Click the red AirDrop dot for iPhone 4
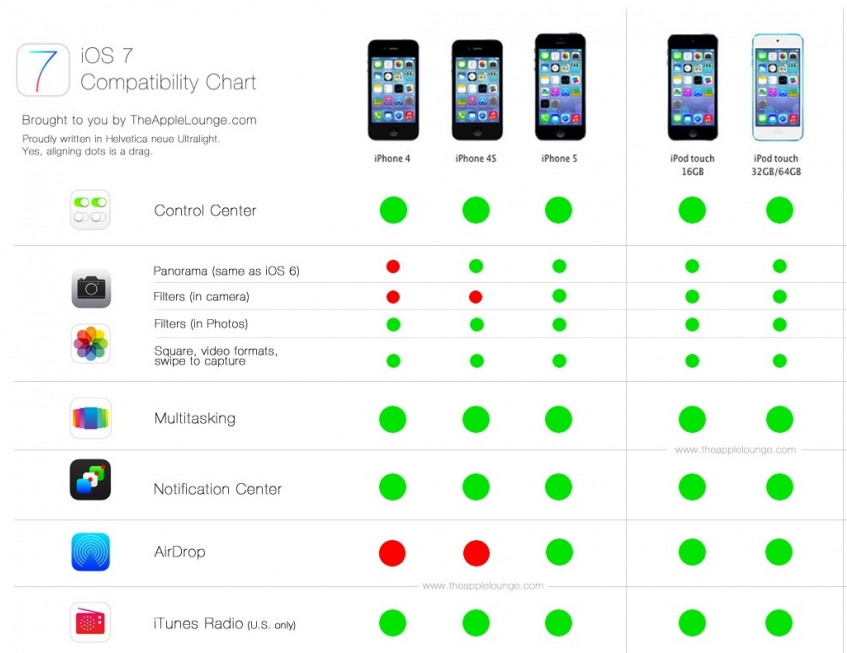[x=392, y=553]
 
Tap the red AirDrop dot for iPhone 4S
[x=476, y=553]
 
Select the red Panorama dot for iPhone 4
[x=393, y=266]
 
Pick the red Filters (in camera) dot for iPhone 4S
[x=475, y=297]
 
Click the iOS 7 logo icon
[x=43, y=70]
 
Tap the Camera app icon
[x=91, y=288]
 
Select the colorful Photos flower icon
[x=91, y=344]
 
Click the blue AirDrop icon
[x=91, y=552]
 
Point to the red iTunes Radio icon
[x=90, y=622]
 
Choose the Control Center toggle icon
[x=90, y=210]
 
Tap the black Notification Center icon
[x=90, y=480]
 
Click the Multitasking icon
[x=91, y=418]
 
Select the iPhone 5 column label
[x=559, y=158]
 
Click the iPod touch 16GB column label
[x=693, y=165]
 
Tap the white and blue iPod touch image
[x=778, y=87]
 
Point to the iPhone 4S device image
[x=477, y=90]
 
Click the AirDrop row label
[x=180, y=551]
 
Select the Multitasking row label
[x=195, y=419]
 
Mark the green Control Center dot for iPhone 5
[x=559, y=210]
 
